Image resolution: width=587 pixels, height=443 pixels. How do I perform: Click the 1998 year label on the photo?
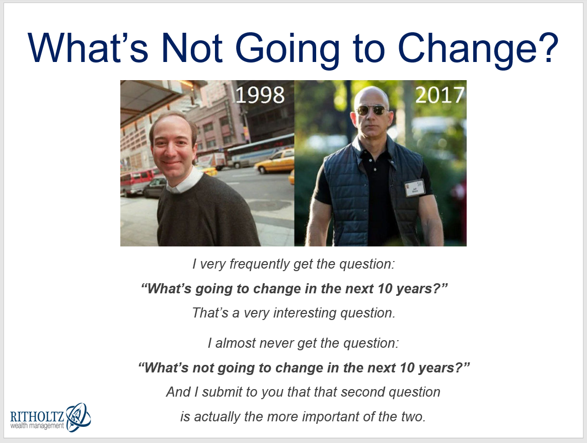[260, 95]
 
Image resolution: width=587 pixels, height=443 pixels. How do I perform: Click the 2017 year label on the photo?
[440, 95]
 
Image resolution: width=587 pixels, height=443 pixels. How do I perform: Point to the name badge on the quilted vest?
[414, 187]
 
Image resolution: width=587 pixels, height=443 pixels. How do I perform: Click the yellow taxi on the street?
[275, 161]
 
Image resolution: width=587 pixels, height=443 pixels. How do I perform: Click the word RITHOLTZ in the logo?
[37, 416]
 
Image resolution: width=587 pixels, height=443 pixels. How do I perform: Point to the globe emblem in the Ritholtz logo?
[78, 417]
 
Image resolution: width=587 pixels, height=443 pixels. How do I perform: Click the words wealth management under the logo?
[37, 426]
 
